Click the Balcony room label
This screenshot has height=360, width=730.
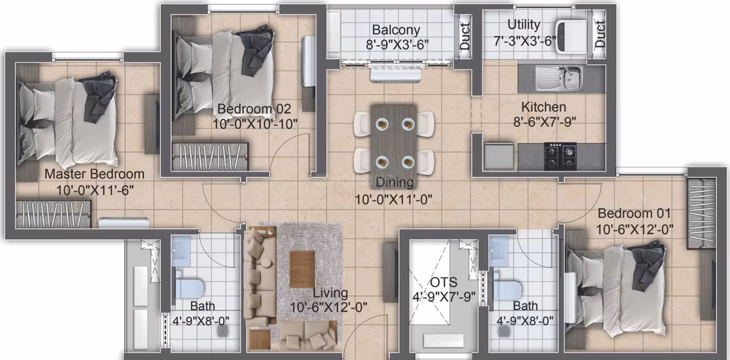pos(396,31)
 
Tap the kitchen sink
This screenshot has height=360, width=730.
pos(558,78)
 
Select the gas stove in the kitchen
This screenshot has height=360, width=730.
pos(561,157)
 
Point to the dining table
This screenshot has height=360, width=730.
pos(394,140)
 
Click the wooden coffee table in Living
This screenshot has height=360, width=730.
pos(302,269)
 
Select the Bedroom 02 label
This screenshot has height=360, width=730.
pos(254,110)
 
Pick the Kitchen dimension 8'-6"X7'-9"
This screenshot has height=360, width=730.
pos(543,122)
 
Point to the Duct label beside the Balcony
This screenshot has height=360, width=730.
pos(464,37)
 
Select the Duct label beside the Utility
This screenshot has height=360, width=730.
pos(600,35)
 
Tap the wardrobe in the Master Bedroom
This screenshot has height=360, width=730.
pos(53,214)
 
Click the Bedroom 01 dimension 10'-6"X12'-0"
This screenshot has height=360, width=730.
pos(634,230)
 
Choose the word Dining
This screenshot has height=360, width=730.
pos(394,183)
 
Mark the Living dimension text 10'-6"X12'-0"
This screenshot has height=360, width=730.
pos(328,307)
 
